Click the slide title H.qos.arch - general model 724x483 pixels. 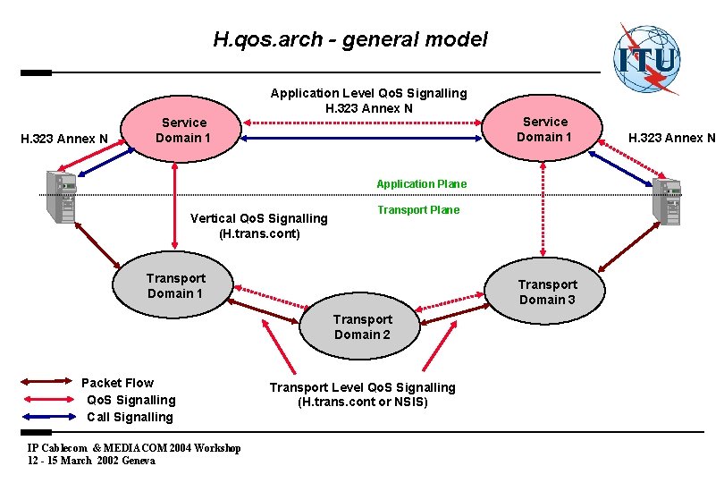tap(350, 39)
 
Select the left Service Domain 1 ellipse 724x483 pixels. tap(182, 131)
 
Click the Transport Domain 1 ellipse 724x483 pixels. tap(175, 286)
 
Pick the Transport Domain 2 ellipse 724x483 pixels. tap(362, 326)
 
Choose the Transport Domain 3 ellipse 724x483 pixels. tap(547, 292)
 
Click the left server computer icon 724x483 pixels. tap(65, 198)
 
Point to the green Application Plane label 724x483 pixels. tap(421, 184)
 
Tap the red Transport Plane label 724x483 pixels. tap(418, 210)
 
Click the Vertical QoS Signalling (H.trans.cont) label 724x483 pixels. tap(259, 226)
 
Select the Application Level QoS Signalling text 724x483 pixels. tap(368, 100)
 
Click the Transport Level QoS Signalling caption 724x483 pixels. tap(362, 394)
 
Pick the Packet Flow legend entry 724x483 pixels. tap(117, 383)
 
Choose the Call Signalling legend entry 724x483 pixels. tap(130, 417)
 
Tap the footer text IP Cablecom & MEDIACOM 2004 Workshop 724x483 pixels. tap(134, 448)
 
